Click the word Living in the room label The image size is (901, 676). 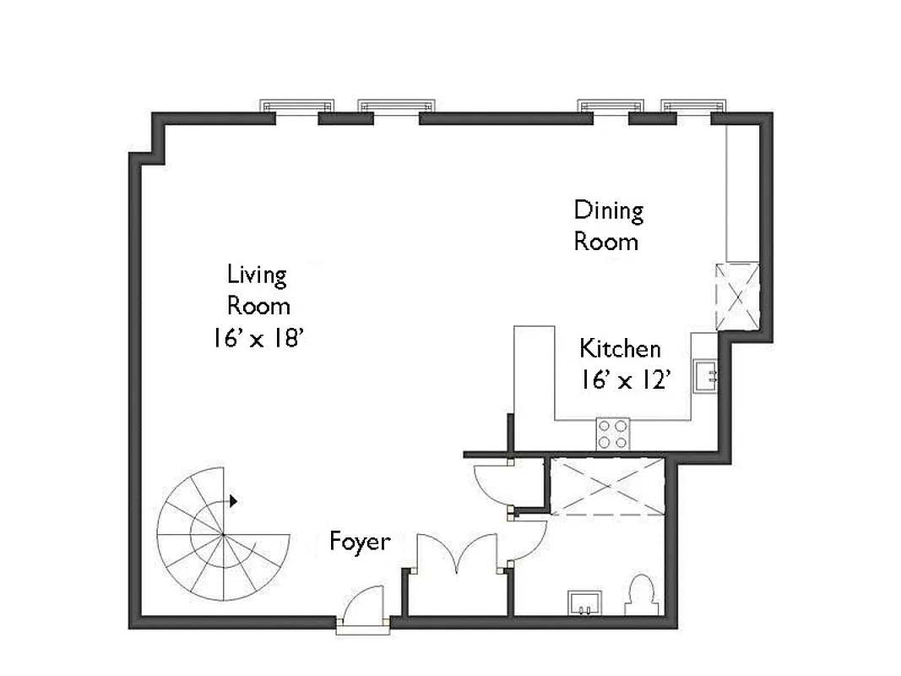pos(257,275)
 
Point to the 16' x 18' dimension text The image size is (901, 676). pos(258,338)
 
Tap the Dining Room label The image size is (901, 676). pos(608,226)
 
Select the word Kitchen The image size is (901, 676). pos(620,348)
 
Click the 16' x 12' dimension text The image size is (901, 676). pos(625,380)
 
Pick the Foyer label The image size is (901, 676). pos(360,542)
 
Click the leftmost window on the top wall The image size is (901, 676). pos(296,107)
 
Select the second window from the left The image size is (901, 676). pos(396,107)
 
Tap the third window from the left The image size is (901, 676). pos(611,107)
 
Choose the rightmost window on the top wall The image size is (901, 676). pos(693,107)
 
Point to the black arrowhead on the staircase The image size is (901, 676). pos(234,501)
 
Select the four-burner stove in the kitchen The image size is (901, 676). pos(613,433)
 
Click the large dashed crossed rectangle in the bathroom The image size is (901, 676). pos(607,485)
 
